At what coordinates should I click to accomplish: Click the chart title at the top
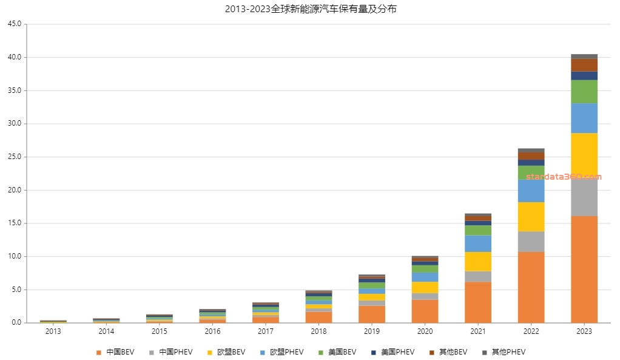point(310,9)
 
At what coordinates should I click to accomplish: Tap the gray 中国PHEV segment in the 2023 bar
point(584,197)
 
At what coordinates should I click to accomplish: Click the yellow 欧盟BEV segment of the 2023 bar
point(584,155)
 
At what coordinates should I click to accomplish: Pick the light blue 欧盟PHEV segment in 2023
point(584,118)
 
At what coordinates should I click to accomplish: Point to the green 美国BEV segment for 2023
point(584,92)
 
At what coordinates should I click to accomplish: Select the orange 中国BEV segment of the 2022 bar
point(531,287)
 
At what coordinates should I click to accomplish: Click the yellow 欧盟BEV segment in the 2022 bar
point(531,217)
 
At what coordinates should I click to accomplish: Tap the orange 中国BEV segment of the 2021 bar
point(478,302)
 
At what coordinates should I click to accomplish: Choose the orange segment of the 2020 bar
point(425,311)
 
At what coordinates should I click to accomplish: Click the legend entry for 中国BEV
point(115,352)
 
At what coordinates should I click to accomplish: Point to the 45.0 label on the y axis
point(14,24)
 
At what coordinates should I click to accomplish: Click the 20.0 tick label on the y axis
point(14,190)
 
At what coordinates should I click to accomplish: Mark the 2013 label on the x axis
point(53,331)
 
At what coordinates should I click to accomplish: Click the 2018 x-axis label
point(318,331)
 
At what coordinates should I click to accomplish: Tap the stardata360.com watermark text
point(564,177)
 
